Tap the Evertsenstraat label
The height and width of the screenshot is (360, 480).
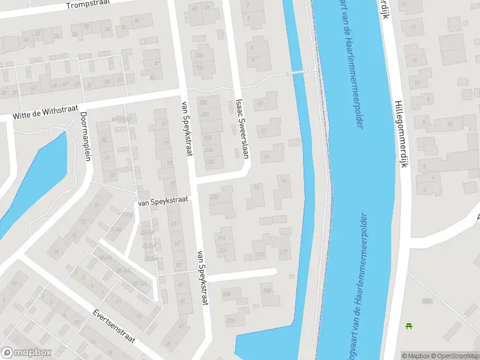pyautogui.click(x=114, y=326)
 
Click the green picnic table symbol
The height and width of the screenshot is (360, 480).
pyautogui.click(x=409, y=326)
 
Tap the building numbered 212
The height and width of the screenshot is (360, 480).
pyautogui.click(x=260, y=254)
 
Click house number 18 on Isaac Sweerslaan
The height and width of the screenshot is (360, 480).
pyautogui.click(x=257, y=188)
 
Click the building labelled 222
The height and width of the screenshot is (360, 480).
pyautogui.click(x=210, y=161)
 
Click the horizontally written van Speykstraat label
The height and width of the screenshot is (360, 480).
pyautogui.click(x=163, y=202)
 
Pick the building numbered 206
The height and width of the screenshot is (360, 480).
pyautogui.click(x=230, y=320)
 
